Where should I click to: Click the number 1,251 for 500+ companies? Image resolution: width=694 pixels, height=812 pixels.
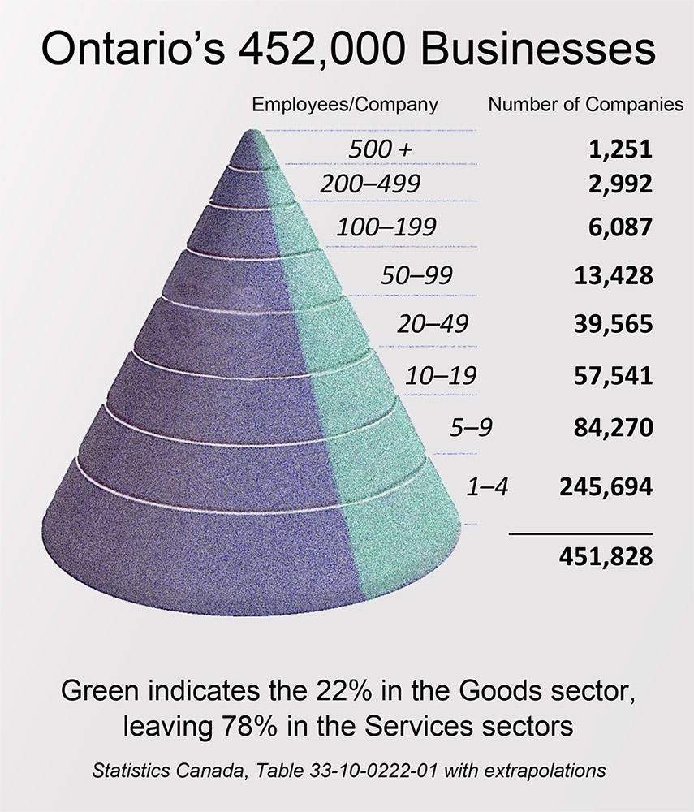(620, 149)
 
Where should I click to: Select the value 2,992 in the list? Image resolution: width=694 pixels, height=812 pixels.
(620, 184)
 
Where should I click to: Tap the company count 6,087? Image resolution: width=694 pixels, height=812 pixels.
(620, 227)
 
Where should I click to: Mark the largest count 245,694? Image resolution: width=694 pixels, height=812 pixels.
(606, 487)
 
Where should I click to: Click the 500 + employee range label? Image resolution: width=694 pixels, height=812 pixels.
(378, 149)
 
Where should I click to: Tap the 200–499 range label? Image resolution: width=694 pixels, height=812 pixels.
(370, 184)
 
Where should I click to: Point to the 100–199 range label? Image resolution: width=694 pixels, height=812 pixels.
(386, 227)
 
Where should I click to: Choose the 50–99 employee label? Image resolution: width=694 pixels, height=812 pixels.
(416, 275)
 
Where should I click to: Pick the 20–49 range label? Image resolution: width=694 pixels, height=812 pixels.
(433, 324)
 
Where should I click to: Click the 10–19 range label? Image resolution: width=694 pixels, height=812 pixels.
(441, 376)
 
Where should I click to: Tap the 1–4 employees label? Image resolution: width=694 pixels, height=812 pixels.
(487, 487)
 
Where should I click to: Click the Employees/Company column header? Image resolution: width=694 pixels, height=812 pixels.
(345, 105)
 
